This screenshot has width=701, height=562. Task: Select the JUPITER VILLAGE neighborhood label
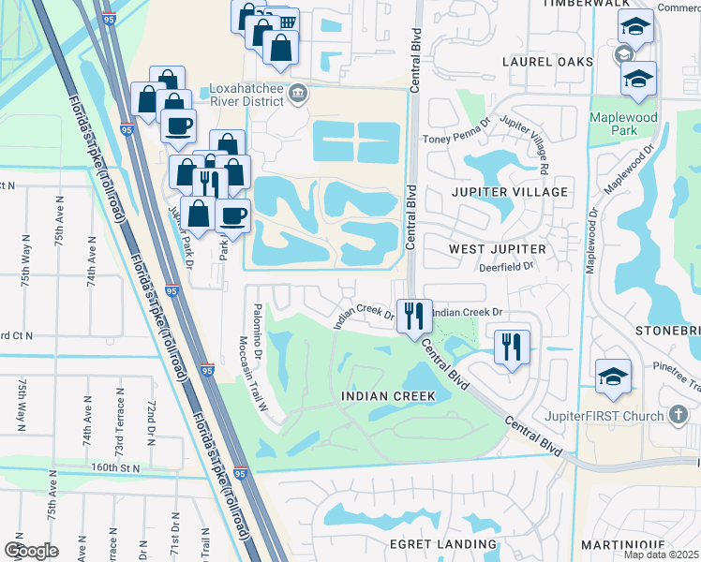tap(510, 192)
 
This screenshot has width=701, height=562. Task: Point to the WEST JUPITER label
tap(497, 249)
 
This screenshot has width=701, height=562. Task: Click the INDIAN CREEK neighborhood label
tap(388, 396)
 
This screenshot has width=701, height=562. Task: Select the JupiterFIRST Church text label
tap(604, 414)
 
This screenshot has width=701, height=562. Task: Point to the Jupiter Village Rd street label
tap(524, 145)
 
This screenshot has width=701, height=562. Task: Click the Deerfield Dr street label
tap(504, 266)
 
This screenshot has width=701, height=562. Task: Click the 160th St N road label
tap(115, 466)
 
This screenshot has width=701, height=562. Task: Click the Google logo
tap(31, 550)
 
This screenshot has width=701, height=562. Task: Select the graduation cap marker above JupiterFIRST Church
tap(613, 378)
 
